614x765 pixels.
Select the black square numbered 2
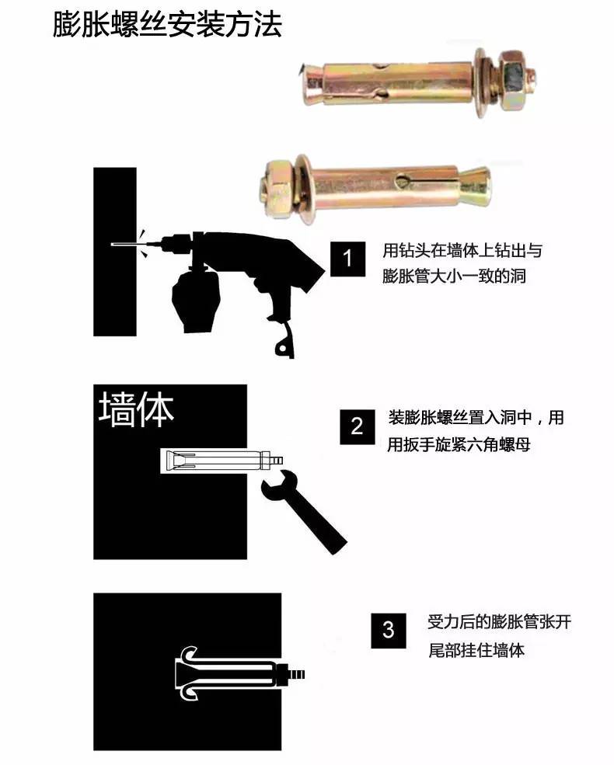point(358,426)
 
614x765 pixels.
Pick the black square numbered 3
point(388,630)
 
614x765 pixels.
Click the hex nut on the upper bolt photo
point(514,76)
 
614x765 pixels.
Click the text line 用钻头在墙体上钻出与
point(462,251)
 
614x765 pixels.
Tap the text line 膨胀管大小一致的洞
point(455,276)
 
